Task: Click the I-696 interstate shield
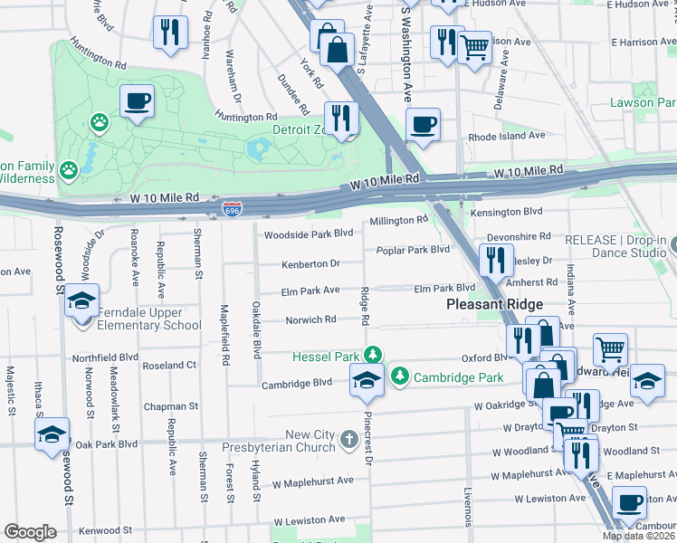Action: click(x=231, y=210)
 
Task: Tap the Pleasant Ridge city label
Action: click(x=494, y=306)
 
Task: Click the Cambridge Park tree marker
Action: click(x=400, y=375)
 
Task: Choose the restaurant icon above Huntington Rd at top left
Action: click(x=169, y=33)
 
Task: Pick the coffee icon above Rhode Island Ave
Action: click(x=423, y=124)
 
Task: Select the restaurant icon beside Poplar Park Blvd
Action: click(x=493, y=260)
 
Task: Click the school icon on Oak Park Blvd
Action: click(x=52, y=433)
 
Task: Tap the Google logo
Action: click(x=30, y=532)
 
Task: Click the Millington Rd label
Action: click(x=398, y=220)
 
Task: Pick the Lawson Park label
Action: click(x=644, y=103)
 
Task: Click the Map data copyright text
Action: click(x=639, y=536)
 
